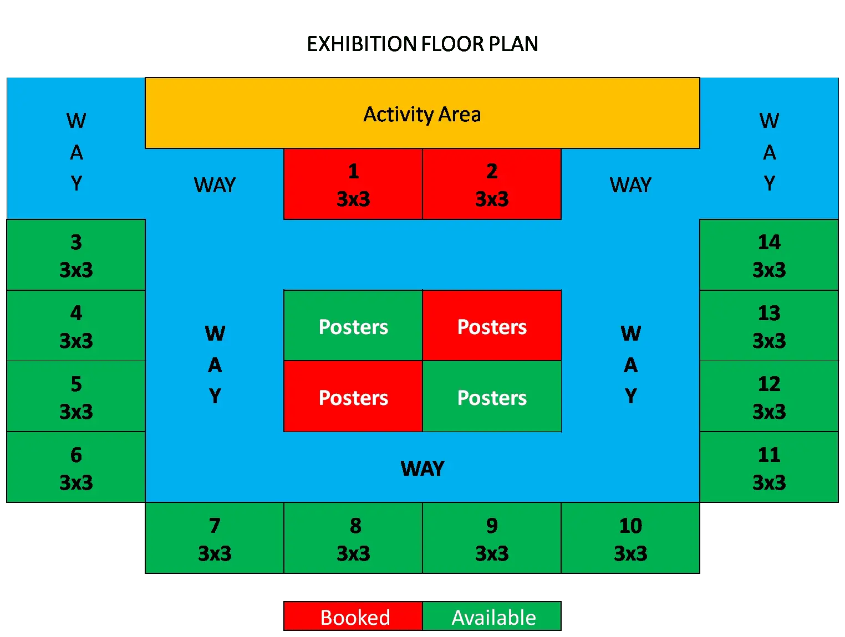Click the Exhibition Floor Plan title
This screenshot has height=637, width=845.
coord(423,43)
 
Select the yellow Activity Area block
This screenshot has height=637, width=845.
coord(423,113)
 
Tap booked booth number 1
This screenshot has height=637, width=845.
coord(353,184)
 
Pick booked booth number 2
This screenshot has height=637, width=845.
coord(492,184)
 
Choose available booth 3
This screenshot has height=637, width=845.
coord(76,254)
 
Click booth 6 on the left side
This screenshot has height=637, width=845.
coord(76,467)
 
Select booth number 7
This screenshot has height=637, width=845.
coord(215,538)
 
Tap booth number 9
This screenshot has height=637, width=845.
coord(492,538)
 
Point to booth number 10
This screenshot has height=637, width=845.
coord(630,538)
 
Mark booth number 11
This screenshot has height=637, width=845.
coord(769,467)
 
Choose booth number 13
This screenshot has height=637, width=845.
coord(769,325)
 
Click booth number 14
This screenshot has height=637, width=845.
coord(769,254)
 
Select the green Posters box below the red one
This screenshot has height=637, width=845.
coord(492,396)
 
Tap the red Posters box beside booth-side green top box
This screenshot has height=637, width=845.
coord(492,325)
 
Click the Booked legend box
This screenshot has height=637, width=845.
coord(353,616)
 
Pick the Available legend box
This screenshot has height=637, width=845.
coord(492,616)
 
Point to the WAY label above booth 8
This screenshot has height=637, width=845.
coord(423,468)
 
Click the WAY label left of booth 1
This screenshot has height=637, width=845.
coord(215,185)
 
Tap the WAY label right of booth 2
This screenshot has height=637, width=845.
coord(630,185)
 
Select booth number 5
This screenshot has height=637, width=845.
coord(76,396)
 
